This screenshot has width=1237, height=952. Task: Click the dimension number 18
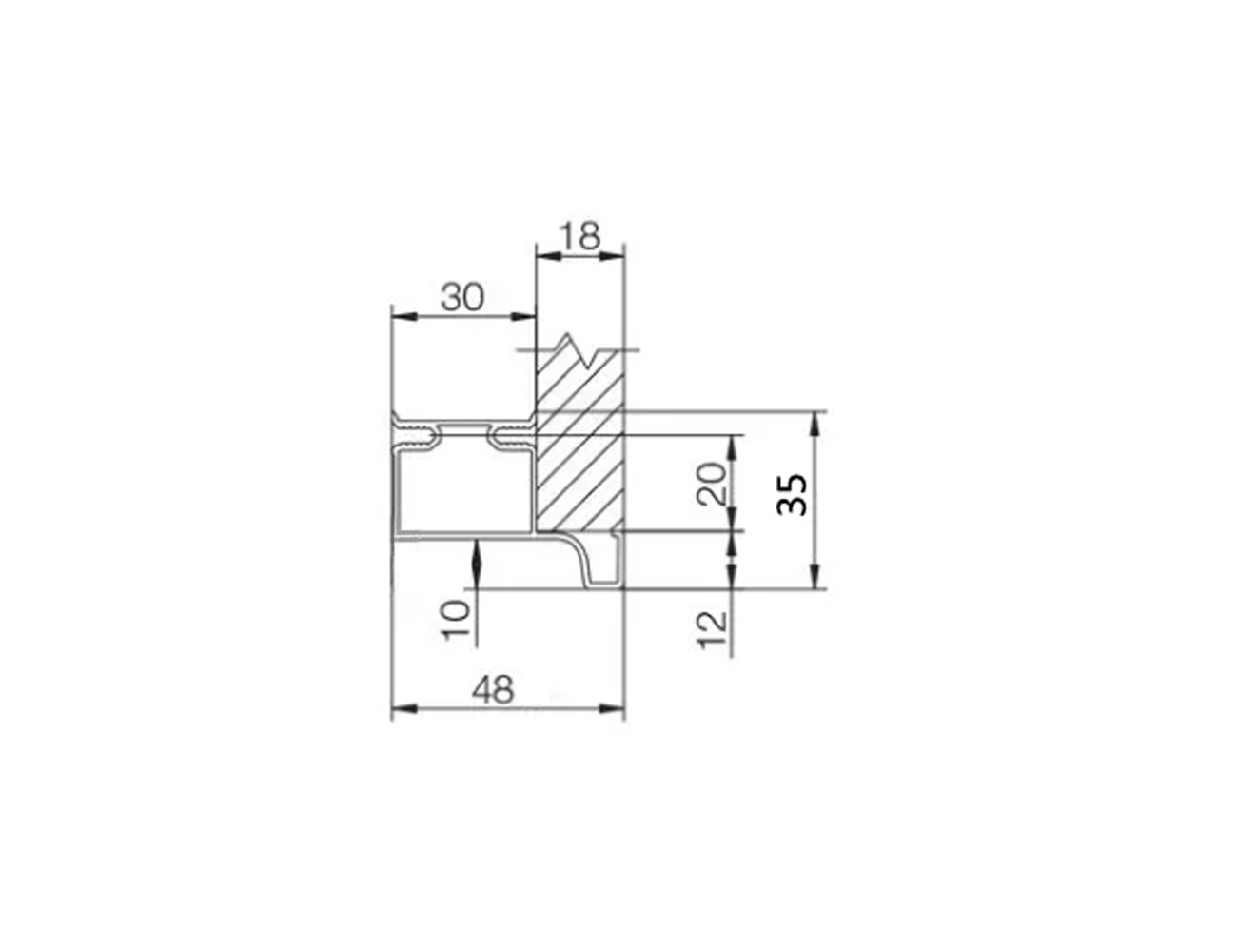[579, 236]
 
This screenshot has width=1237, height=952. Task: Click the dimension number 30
[462, 297]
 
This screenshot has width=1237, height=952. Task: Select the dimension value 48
[493, 689]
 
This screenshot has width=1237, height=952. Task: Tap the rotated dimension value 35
[792, 495]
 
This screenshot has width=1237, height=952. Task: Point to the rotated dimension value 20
[712, 485]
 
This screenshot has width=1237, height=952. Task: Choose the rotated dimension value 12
[712, 630]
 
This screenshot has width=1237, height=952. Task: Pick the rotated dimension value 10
[456, 620]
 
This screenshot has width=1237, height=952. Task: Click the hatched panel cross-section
[579, 445]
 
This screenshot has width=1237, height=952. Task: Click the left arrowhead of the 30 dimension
[403, 316]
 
